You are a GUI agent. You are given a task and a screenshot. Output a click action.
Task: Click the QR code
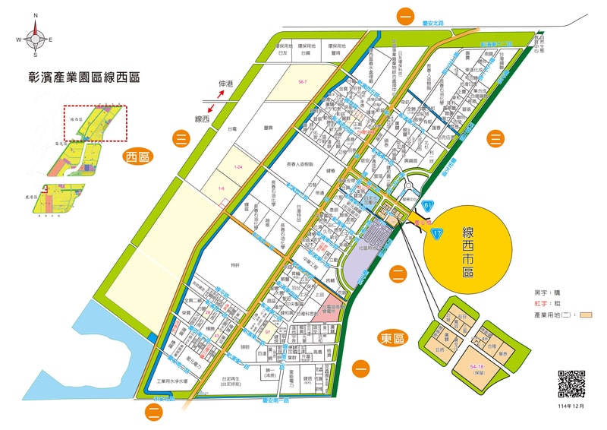point(571,383)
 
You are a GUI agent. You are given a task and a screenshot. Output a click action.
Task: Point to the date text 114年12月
point(571,406)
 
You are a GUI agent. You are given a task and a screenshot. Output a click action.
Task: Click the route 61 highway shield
point(429,206)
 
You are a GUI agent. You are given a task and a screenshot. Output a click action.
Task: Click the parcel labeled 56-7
point(303,81)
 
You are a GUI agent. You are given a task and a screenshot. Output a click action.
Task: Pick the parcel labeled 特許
point(235,265)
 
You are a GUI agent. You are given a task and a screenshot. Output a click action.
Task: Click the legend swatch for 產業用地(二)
point(587,314)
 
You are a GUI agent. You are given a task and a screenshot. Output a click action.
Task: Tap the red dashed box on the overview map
point(95,123)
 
